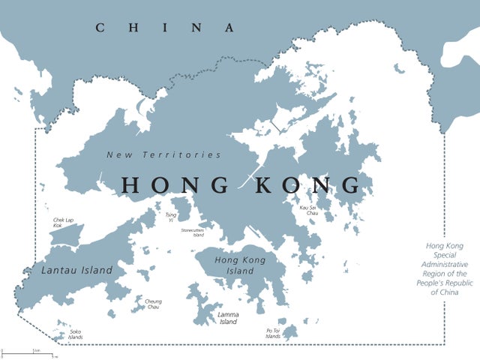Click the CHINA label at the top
pyautogui.click(x=165, y=28)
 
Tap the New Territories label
pyautogui.click(x=164, y=155)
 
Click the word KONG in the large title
pyautogui.click(x=307, y=185)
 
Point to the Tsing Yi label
pyautogui.click(x=171, y=217)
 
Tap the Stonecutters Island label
pyautogui.click(x=192, y=232)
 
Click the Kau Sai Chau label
pyautogui.click(x=308, y=210)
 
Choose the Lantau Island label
pyautogui.click(x=76, y=270)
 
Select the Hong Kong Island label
pyautogui.click(x=240, y=265)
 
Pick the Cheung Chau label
pyautogui.click(x=153, y=304)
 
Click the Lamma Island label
pyautogui.click(x=228, y=318)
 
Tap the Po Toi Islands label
pyautogui.click(x=273, y=333)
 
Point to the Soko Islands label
pyautogui.click(x=75, y=334)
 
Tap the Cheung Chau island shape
pyautogui.click(x=138, y=306)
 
